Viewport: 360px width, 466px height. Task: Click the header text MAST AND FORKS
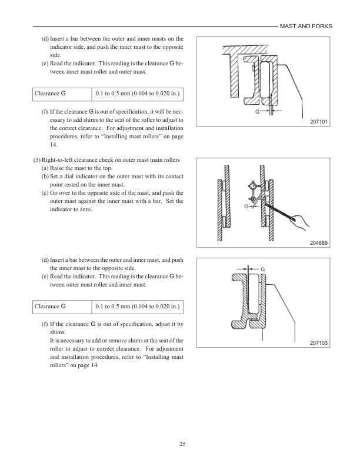point(305,26)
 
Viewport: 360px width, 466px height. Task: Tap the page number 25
point(183,444)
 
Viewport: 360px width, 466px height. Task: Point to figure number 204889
point(318,243)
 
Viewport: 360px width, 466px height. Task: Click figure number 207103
point(318,343)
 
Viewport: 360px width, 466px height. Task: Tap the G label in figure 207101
point(257,111)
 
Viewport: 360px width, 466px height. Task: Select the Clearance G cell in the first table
point(50,94)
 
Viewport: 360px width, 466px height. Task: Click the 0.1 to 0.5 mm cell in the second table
point(137,307)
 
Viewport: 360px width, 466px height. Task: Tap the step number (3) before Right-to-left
point(36,160)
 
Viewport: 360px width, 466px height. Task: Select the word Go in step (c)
point(56,193)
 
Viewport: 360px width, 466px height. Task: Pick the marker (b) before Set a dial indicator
point(45,177)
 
